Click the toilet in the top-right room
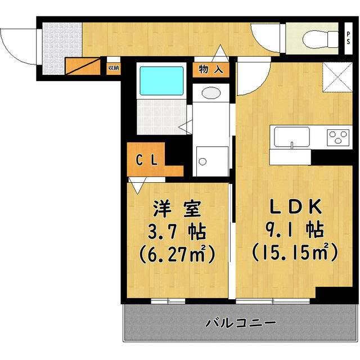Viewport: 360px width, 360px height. point(312,39)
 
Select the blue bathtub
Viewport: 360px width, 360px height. point(161,80)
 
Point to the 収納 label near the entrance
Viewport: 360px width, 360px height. point(113,67)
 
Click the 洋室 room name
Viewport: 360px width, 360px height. point(177,210)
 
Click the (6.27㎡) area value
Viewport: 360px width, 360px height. point(177,254)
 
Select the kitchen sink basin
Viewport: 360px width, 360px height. point(291,137)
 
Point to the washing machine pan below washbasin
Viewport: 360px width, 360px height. point(211,161)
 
